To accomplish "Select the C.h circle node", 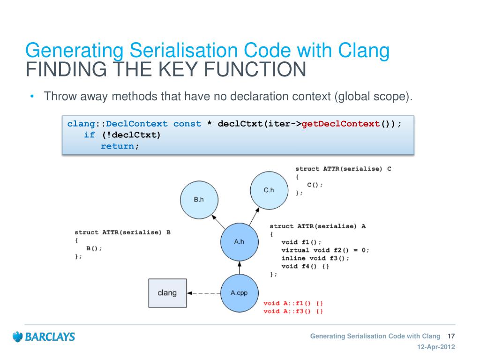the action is coord(268,190).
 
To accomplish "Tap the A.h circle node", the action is coord(239,242).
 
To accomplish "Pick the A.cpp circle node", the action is coord(239,293).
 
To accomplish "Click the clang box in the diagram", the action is coord(167,293).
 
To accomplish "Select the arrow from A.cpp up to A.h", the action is coord(239,268).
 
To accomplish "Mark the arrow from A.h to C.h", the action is coord(254,217).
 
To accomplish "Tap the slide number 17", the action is coord(452,336).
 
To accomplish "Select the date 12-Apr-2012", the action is coord(436,347).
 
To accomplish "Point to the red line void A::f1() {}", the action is coord(293,303).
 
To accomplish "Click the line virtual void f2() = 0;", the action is coord(325,250).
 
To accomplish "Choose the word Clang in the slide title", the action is coord(365,51).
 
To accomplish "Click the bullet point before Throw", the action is coord(32,97).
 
